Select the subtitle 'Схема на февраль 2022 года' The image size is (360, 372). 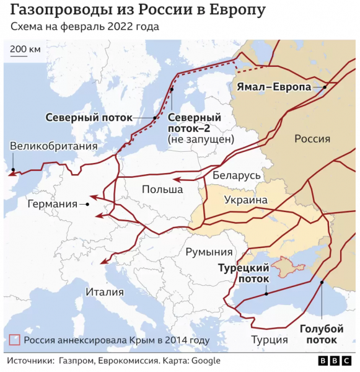tap(84, 28)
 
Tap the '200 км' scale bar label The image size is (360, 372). tap(25, 49)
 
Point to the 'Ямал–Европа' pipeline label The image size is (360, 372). tap(274, 87)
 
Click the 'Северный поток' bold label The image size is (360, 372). tap(97, 117)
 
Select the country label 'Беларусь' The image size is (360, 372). tap(237, 176)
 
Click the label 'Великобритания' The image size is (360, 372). tap(54, 146)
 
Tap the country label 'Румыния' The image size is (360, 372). tap(209, 252)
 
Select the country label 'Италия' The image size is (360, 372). tap(104, 292)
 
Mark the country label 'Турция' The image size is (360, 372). tap(270, 340)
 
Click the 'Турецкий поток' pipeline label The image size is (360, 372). tap(244, 273)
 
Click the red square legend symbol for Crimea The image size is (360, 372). tap(15, 340)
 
